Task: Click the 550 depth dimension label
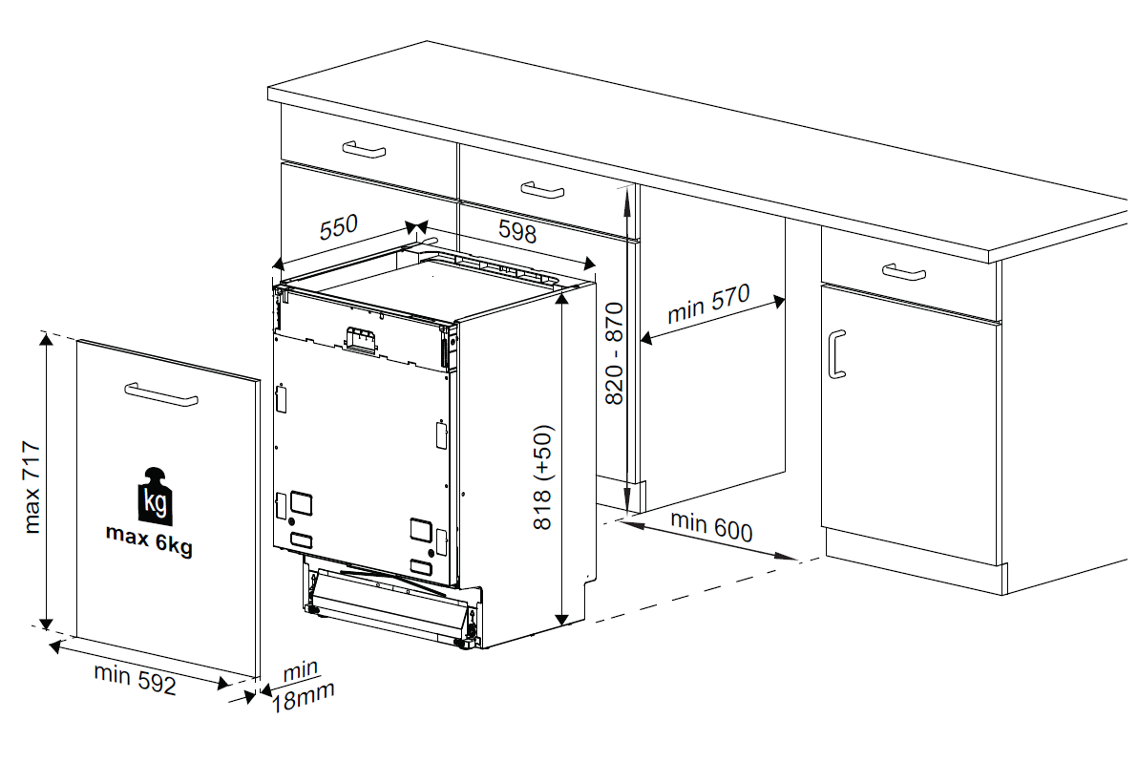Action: tap(338, 228)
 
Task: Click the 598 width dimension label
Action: tap(517, 231)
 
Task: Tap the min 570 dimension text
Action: tap(709, 303)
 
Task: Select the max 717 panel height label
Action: tap(31, 486)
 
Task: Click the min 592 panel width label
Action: tap(135, 678)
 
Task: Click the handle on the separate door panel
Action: tap(160, 394)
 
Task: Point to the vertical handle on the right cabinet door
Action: tap(836, 354)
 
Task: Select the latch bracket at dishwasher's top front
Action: tap(360, 339)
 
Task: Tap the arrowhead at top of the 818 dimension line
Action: tap(564, 291)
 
